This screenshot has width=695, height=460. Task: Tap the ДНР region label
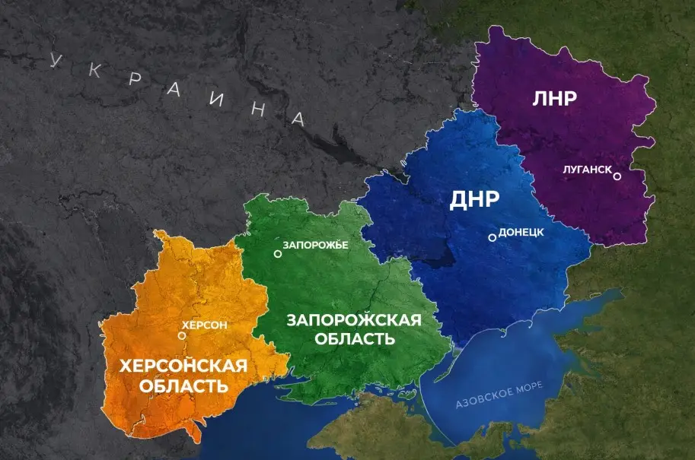tap(474, 200)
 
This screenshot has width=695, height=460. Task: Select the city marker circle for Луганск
tap(617, 176)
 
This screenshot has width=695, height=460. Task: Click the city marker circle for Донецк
tap(493, 237)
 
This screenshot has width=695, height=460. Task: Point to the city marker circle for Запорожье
tap(278, 254)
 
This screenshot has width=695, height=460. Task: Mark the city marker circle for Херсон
tap(181, 335)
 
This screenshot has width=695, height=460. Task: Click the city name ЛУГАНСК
tap(587, 170)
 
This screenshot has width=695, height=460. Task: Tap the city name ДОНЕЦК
tap(521, 233)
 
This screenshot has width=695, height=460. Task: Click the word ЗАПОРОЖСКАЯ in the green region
tap(353, 319)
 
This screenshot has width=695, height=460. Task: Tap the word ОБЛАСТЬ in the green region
tap(351, 339)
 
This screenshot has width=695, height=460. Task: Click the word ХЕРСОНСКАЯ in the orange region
tap(183, 366)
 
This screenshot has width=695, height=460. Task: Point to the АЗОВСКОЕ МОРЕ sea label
tap(499, 395)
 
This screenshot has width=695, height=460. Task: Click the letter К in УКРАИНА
tap(94, 71)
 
